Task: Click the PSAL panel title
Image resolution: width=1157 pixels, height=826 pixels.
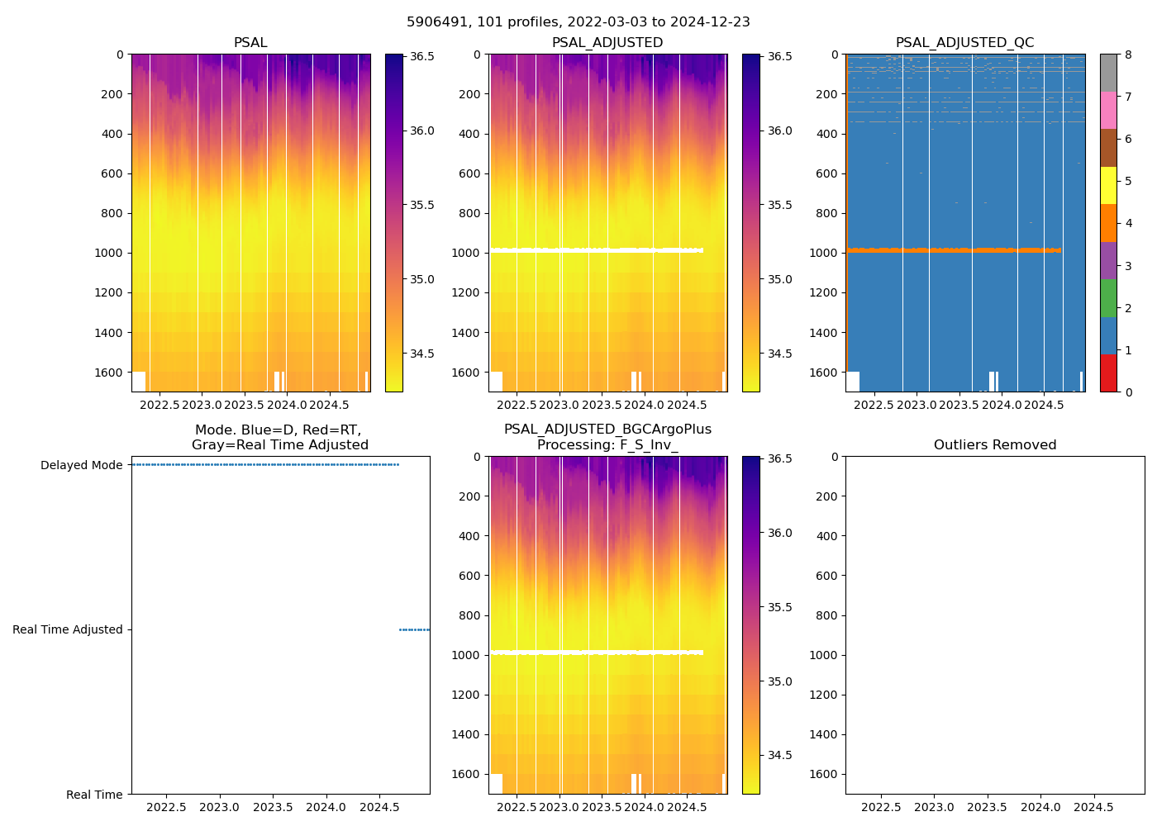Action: (x=250, y=43)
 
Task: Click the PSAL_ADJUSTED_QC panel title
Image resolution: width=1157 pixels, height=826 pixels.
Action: (x=964, y=43)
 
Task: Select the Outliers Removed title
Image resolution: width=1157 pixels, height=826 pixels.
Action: (x=995, y=445)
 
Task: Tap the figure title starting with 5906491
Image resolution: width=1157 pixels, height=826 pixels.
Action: (x=578, y=22)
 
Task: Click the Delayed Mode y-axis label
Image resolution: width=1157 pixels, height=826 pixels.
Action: (x=81, y=465)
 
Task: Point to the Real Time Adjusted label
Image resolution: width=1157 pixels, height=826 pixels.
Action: (x=68, y=629)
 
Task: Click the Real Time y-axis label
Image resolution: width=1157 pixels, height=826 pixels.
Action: (x=94, y=795)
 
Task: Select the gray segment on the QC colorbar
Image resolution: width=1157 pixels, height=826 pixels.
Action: (x=1108, y=73)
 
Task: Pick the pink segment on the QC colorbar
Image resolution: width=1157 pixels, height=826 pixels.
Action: (x=1108, y=111)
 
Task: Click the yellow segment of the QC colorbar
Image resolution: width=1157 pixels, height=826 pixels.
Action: (x=1108, y=186)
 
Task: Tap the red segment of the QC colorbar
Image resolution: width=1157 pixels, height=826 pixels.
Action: (x=1108, y=373)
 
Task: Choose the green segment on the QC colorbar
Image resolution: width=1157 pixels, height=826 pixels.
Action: (x=1108, y=298)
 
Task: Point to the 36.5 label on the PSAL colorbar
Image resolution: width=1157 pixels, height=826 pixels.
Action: (x=422, y=56)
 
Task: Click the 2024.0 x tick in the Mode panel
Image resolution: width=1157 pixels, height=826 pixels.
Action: (x=326, y=807)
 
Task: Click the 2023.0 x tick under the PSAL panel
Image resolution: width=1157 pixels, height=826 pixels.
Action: (x=202, y=405)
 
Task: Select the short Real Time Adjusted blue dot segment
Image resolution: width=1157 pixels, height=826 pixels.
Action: (x=414, y=629)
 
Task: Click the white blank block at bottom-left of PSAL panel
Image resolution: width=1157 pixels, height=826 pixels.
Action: (x=139, y=382)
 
